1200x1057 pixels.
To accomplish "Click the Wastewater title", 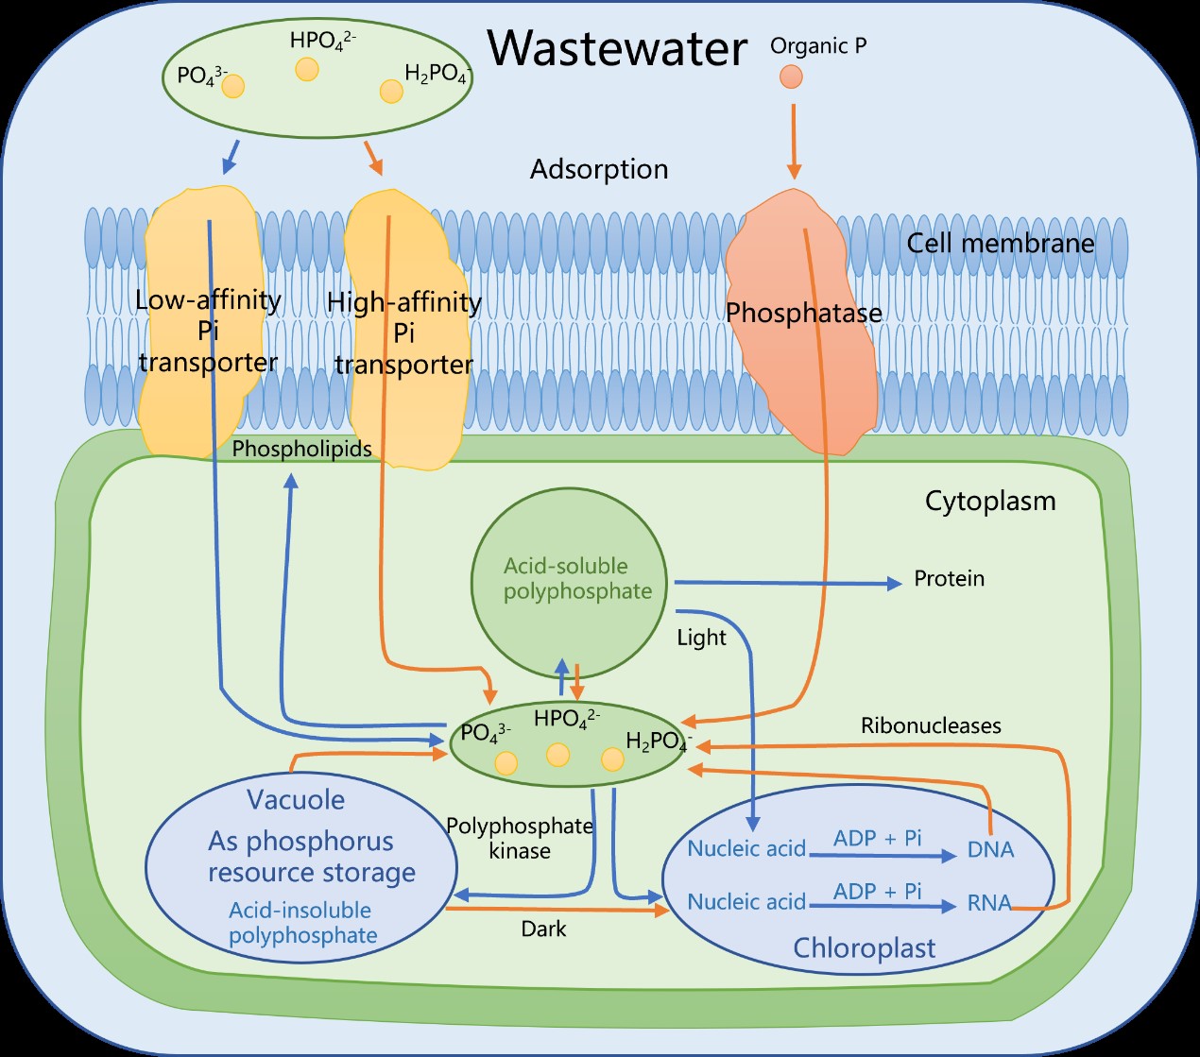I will pyautogui.click(x=617, y=48).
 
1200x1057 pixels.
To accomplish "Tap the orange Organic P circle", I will pyautogui.click(x=791, y=76).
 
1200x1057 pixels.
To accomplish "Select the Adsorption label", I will pyautogui.click(x=599, y=169).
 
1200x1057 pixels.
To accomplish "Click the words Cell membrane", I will pyautogui.click(x=1000, y=244).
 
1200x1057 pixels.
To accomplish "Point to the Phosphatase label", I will pyautogui.click(x=804, y=313).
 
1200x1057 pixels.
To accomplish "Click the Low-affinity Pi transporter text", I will pyautogui.click(x=208, y=331).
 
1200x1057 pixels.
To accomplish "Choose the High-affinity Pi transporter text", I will pyautogui.click(x=404, y=332).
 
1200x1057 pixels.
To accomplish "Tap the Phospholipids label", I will pyautogui.click(x=301, y=449).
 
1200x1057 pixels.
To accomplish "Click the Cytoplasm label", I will pyautogui.click(x=990, y=501).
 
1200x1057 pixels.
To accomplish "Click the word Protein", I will pyautogui.click(x=949, y=578).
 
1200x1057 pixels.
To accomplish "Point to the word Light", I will pyautogui.click(x=701, y=638).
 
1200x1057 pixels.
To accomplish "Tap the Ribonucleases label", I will pyautogui.click(x=931, y=725).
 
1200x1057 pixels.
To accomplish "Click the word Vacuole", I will pyautogui.click(x=296, y=800).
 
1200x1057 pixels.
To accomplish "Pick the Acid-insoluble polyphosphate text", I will pyautogui.click(x=302, y=923).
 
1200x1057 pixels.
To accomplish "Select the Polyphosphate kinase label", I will pyautogui.click(x=520, y=838).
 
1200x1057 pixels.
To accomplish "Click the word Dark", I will pyautogui.click(x=544, y=929).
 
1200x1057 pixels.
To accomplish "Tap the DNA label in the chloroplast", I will pyautogui.click(x=990, y=850).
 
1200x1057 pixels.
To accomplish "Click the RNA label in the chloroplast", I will pyautogui.click(x=989, y=903).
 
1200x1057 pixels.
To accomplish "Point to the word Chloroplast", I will pyautogui.click(x=865, y=947).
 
